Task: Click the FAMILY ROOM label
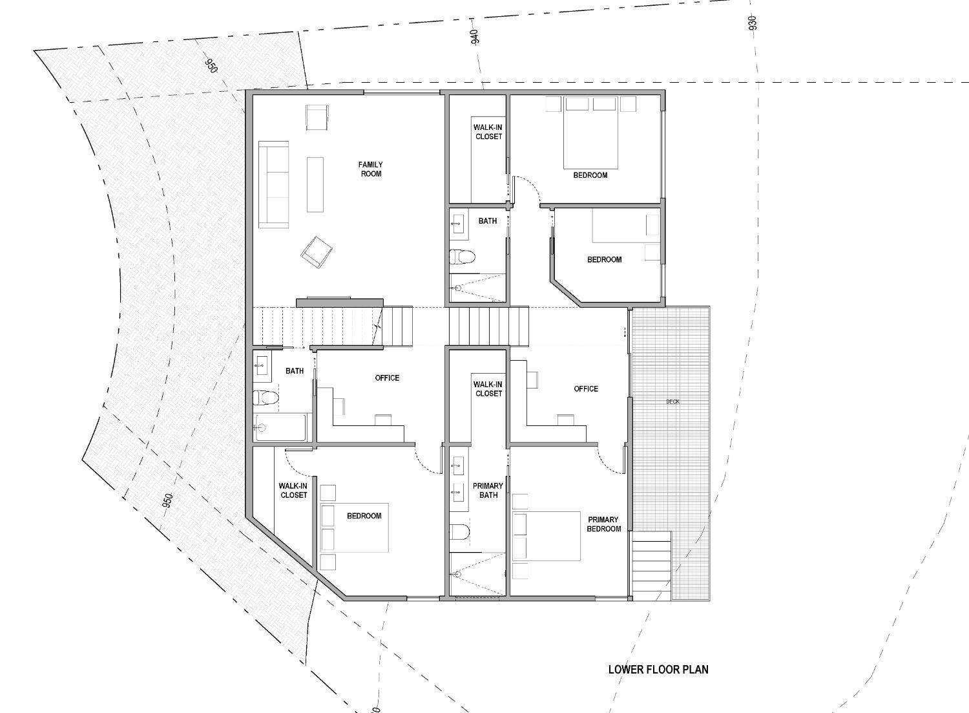370,169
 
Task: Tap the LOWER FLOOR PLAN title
658,669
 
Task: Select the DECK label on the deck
672,402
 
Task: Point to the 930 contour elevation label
752,23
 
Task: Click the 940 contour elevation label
475,37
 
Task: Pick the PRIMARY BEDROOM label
603,524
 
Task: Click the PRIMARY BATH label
488,491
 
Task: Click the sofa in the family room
273,184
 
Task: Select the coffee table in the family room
315,184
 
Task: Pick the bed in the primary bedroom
547,536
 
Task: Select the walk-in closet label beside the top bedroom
488,132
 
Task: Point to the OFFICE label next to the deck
585,388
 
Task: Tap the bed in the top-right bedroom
591,133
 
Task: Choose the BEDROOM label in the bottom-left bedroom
364,516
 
